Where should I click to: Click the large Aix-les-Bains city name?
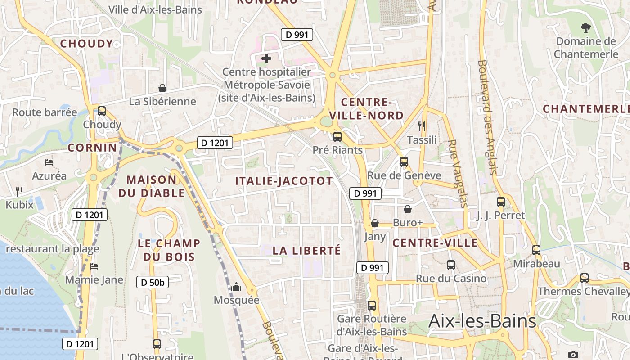tap(482, 321)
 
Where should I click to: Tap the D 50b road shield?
tap(153, 282)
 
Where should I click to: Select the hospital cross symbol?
tap(266, 58)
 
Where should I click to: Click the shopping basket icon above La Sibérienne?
tap(162, 88)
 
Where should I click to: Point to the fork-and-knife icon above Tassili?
tap(421, 126)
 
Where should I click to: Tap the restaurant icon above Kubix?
tap(19, 192)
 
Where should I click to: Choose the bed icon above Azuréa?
tap(49, 162)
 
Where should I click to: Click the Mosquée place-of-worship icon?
tap(236, 287)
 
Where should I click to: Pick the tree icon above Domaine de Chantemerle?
tap(585, 28)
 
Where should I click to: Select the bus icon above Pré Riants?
tap(337, 137)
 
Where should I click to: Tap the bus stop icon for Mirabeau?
tap(536, 250)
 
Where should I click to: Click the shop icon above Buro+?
tap(408, 209)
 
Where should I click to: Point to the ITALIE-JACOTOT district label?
tap(284, 181)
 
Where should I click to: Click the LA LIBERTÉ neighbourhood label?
tap(306, 251)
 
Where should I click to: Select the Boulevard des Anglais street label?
tap(488, 117)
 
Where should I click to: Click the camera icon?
tap(573, 355)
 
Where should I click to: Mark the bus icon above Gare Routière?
tap(372, 306)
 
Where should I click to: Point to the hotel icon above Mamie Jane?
tap(94, 266)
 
